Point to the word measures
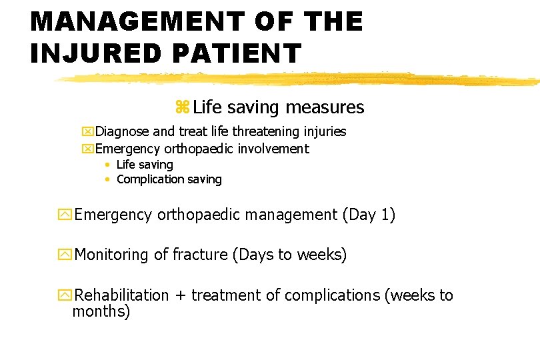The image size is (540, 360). click(325, 107)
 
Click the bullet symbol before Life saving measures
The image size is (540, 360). click(182, 107)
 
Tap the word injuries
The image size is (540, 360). click(324, 132)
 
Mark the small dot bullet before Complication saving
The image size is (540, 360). click(107, 179)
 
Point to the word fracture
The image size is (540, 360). click(199, 255)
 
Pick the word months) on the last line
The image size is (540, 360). click(101, 311)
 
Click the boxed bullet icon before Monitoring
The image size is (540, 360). click(65, 255)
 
